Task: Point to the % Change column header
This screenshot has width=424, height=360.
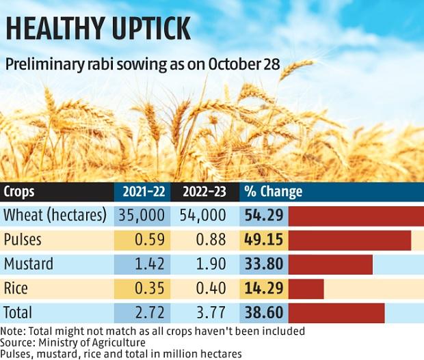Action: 274,192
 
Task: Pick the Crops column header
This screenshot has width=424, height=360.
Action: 20,192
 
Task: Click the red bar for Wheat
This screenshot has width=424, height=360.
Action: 356,216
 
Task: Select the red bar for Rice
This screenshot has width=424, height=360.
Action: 306,288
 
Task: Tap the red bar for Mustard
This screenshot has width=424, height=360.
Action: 330,264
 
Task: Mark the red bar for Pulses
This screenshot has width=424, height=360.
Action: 349,240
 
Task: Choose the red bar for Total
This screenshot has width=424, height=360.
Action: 336,312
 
